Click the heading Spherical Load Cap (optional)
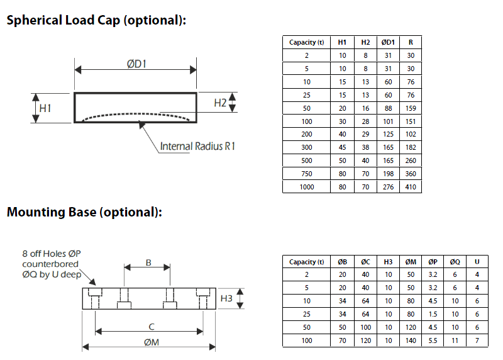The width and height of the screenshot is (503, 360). click(96, 20)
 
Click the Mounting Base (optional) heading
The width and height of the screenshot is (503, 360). click(84, 212)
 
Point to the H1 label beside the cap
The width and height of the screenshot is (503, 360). click(45, 108)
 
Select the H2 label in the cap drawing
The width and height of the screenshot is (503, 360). click(219, 103)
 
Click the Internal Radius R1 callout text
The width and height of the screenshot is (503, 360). click(197, 146)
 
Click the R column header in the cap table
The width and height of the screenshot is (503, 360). click(411, 42)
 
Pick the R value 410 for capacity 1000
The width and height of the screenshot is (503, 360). click(411, 187)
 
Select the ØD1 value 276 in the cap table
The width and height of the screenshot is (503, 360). click(389, 187)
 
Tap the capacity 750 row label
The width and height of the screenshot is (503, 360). click(306, 174)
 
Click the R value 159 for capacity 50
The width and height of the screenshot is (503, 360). click(411, 108)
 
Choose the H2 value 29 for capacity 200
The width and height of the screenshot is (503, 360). click(365, 134)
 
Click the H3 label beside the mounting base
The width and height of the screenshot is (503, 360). click(227, 298)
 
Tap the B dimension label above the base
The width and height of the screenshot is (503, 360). click(148, 262)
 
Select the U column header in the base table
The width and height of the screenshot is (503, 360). click(478, 262)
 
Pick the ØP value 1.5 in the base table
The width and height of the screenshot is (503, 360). click(433, 315)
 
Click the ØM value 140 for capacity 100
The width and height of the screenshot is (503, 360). click(411, 340)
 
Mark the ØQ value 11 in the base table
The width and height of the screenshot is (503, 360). click(455, 340)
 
